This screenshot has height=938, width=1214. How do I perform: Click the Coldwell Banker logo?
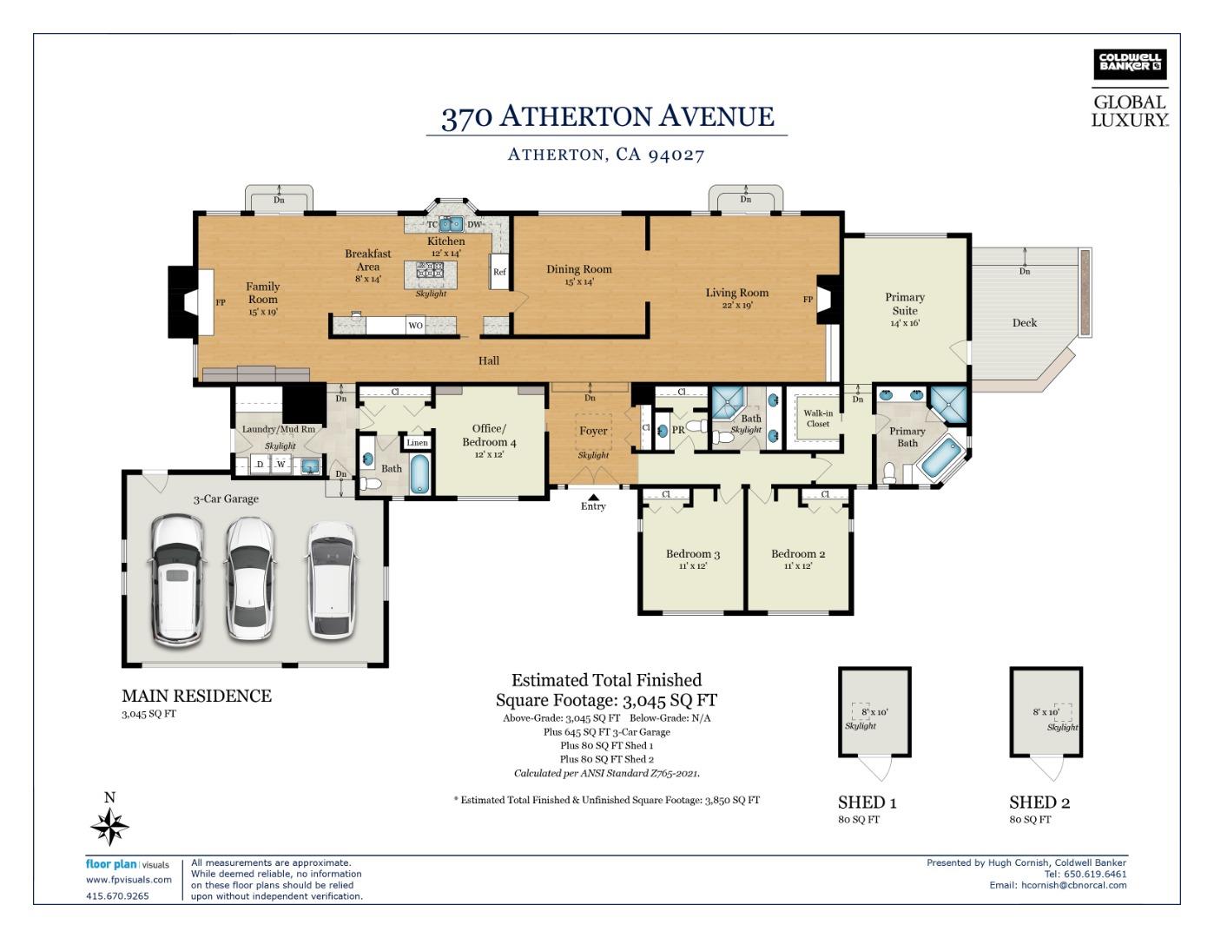pyautogui.click(x=1129, y=64)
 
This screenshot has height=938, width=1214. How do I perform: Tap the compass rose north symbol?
pyautogui.click(x=110, y=825)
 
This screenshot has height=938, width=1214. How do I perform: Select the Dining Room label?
pyautogui.click(x=578, y=269)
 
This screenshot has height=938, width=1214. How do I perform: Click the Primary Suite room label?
pyautogui.click(x=904, y=304)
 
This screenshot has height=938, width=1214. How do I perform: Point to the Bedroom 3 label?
pyautogui.click(x=692, y=554)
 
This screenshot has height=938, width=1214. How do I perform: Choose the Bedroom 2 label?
pyautogui.click(x=797, y=554)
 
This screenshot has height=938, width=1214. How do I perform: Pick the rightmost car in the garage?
pyautogui.click(x=331, y=579)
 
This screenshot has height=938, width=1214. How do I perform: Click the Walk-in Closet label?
pyautogui.click(x=817, y=419)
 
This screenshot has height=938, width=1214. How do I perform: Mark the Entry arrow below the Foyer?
pyautogui.click(x=593, y=497)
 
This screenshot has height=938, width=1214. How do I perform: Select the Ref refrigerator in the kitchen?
pyautogui.click(x=499, y=272)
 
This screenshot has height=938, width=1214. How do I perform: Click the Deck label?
pyautogui.click(x=1024, y=323)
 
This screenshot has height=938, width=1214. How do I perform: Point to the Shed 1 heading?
pyautogui.click(x=867, y=803)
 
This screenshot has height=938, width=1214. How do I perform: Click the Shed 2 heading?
pyautogui.click(x=1039, y=803)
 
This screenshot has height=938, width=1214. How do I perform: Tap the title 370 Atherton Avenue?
pyautogui.click(x=607, y=116)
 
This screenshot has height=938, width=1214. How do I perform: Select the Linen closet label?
pyautogui.click(x=417, y=443)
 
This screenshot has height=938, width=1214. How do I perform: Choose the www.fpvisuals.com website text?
pyautogui.click(x=129, y=880)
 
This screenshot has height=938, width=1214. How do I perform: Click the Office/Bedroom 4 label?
pyautogui.click(x=488, y=435)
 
